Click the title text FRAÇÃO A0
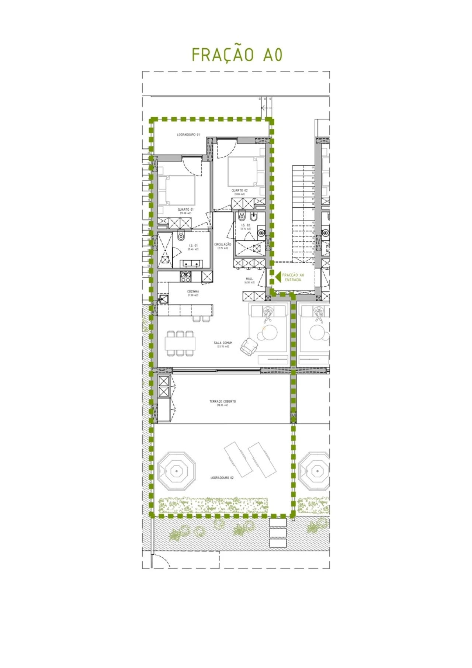[237, 55]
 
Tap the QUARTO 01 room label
[185, 210]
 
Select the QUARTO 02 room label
[239, 190]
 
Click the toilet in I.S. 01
[181, 235]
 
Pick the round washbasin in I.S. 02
[261, 232]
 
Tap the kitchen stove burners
[185, 277]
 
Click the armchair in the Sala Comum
[249, 346]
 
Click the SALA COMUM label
[223, 343]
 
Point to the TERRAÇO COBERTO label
[223, 401]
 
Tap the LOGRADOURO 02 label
[222, 478]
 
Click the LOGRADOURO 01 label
[188, 135]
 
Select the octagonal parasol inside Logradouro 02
[176, 471]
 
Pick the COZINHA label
[193, 291]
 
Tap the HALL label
[249, 279]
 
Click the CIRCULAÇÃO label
[223, 244]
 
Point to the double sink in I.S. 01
[191, 263]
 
